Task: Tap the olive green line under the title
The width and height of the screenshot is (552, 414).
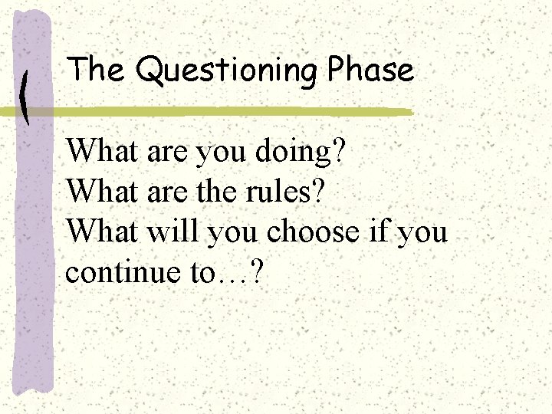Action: (230, 112)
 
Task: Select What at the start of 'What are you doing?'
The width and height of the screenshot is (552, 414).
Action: (95, 152)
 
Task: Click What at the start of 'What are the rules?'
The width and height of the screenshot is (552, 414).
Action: (95, 191)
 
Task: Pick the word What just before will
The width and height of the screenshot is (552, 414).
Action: (95, 230)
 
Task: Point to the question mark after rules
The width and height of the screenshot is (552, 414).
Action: (318, 192)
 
